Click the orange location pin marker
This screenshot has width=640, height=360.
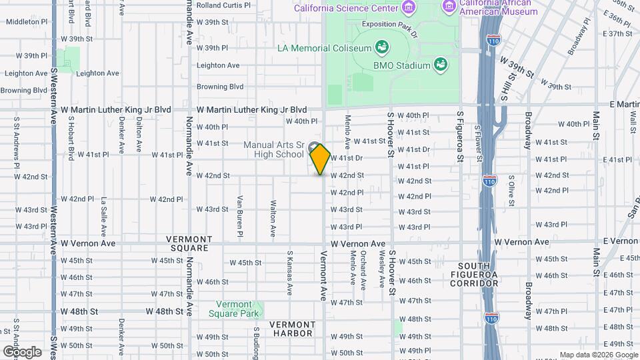pyautogui.click(x=321, y=159)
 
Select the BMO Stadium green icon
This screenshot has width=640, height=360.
pyautogui.click(x=440, y=65)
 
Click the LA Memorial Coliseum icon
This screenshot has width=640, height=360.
pyautogui.click(x=382, y=47)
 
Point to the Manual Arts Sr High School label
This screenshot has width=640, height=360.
pyautogui.click(x=273, y=149)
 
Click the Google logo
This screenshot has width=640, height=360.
pyautogui.click(x=22, y=351)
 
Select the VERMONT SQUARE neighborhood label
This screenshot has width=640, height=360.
pyautogui.click(x=189, y=243)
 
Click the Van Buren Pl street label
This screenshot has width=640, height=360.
pyautogui.click(x=239, y=217)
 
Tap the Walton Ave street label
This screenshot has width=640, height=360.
pyautogui.click(x=273, y=219)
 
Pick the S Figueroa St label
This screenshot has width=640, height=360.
pyautogui.click(x=459, y=139)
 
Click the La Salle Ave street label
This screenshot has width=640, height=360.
pyautogui.click(x=103, y=217)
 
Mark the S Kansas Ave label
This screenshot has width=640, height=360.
pyautogui.click(x=290, y=273)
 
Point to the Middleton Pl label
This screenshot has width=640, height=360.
pyautogui.click(x=27, y=21)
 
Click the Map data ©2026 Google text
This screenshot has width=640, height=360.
pyautogui.click(x=597, y=355)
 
